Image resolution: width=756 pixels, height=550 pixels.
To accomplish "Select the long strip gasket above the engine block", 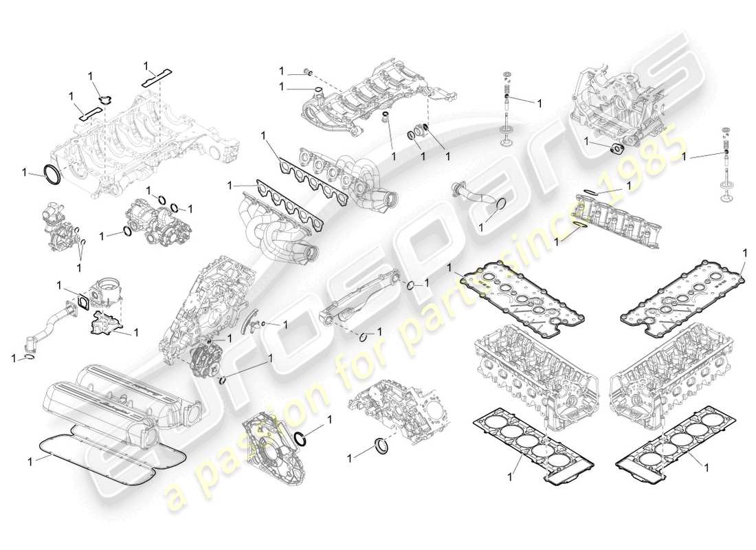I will [x=158, y=76].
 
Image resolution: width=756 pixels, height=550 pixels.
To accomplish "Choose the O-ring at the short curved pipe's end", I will [x=501, y=206].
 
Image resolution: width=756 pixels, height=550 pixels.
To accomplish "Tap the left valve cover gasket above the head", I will [x=517, y=292].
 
